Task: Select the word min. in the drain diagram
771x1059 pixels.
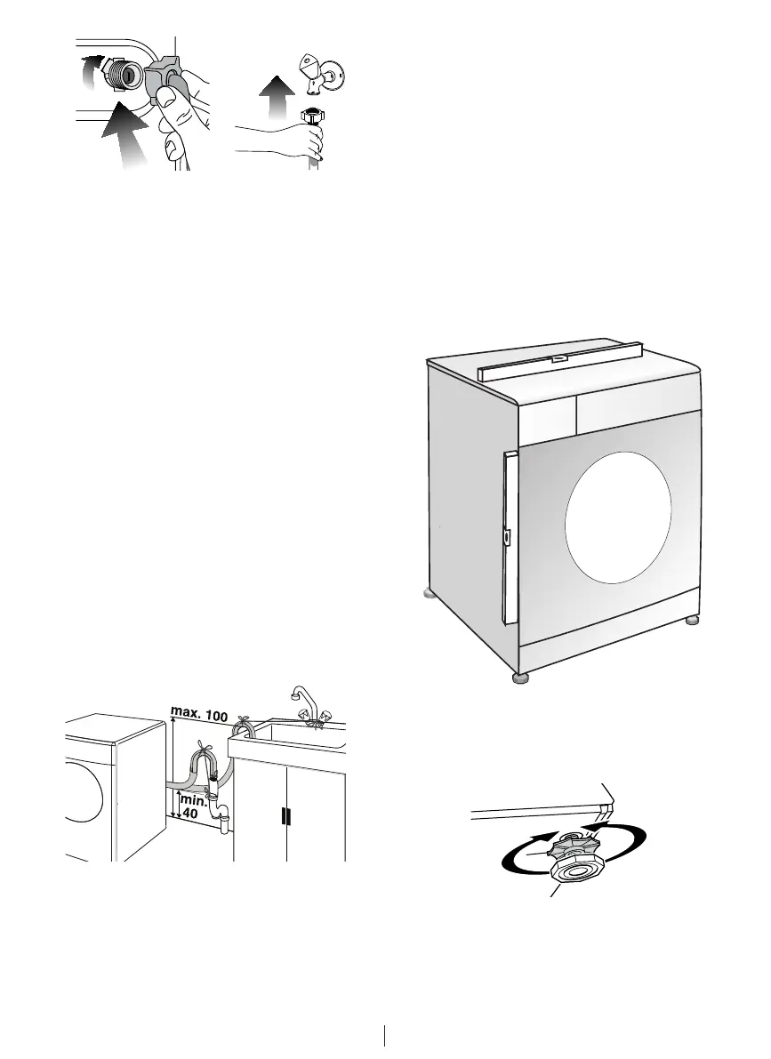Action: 194,799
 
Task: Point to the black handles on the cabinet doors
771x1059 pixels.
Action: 285,815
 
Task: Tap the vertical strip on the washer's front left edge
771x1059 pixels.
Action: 509,538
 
